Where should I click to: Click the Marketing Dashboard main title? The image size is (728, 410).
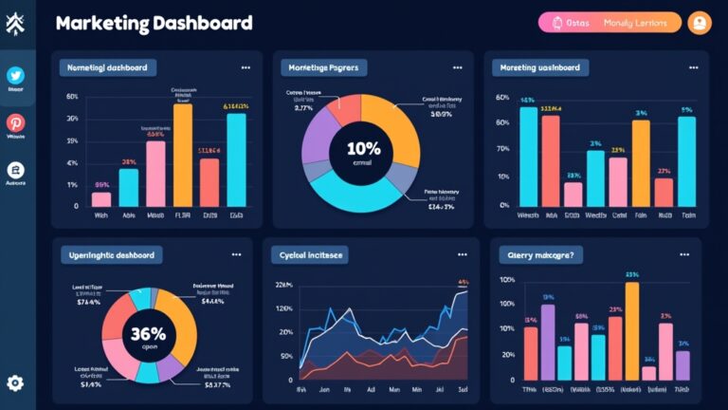(x=154, y=23)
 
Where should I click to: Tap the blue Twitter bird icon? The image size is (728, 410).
(x=16, y=76)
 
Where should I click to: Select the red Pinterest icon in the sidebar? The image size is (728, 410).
(x=16, y=123)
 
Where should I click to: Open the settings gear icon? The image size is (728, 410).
(x=16, y=383)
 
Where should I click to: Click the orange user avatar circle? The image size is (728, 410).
(x=700, y=23)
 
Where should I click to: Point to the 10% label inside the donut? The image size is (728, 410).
(x=363, y=149)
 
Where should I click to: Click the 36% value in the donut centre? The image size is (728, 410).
(x=149, y=334)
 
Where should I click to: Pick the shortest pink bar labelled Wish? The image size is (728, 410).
(x=101, y=198)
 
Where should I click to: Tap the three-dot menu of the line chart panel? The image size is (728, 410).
(x=462, y=254)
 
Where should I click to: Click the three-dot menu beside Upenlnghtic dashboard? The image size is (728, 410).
(x=235, y=254)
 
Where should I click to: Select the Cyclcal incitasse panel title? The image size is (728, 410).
(x=309, y=255)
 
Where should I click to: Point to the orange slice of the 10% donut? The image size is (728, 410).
(x=392, y=119)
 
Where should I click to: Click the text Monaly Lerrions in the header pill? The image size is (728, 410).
(x=637, y=23)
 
